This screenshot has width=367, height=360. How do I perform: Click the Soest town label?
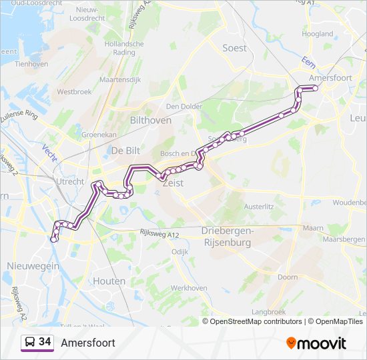click(x=234, y=48)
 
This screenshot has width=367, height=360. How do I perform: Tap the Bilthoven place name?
click(x=151, y=121)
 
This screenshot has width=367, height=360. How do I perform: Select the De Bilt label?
click(x=125, y=150)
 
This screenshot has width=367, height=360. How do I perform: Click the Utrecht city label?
click(x=70, y=181)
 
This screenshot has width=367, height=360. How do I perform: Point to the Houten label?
click(x=109, y=281)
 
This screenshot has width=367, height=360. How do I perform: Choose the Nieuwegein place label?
click(x=33, y=266)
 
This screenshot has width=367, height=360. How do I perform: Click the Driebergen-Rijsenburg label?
click(x=226, y=237)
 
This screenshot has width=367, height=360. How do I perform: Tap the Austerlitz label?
click(x=258, y=207)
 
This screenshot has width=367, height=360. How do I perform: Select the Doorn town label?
click(x=288, y=277)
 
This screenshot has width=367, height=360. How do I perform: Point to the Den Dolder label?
click(x=183, y=106)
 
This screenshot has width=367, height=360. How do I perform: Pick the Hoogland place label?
click(x=318, y=33)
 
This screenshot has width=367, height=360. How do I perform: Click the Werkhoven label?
click(x=186, y=288)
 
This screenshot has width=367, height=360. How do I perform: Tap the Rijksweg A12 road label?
click(x=159, y=233)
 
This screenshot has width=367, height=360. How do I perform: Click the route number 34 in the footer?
click(x=45, y=342)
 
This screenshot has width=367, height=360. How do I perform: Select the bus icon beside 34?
click(x=30, y=343)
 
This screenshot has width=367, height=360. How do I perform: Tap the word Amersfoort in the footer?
click(x=88, y=343)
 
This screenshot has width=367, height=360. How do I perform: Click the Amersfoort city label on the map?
click(x=331, y=78)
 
